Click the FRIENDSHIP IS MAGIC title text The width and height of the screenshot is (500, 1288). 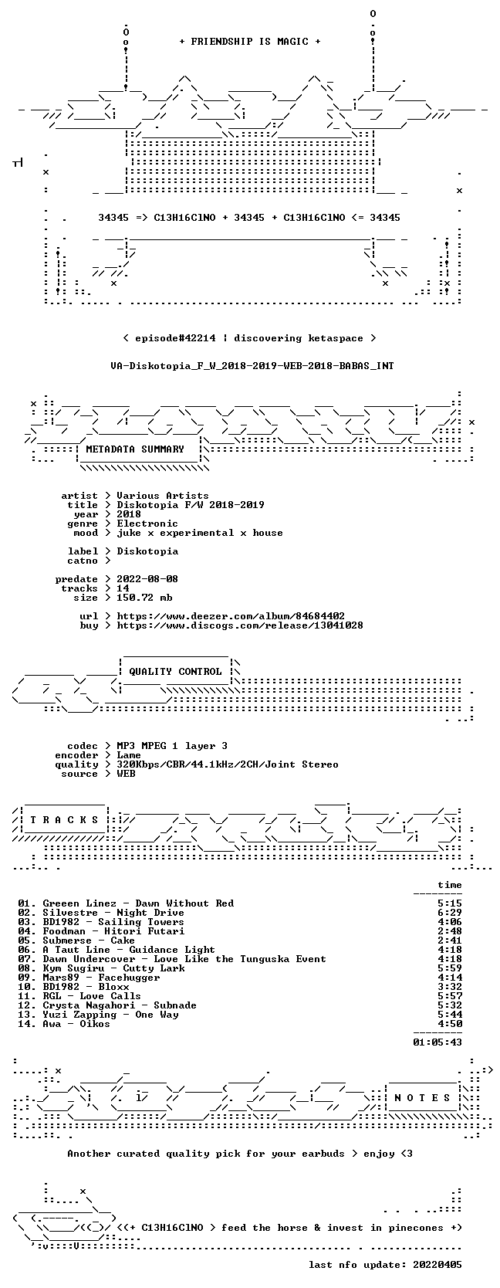click(250, 42)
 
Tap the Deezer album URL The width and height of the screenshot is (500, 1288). click(231, 616)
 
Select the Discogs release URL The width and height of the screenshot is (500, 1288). click(240, 625)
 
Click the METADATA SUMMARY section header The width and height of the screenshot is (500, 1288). click(135, 449)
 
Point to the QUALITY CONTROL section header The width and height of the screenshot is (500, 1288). click(175, 671)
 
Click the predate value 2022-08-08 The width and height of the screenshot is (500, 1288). click(147, 578)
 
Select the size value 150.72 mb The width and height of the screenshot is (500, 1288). click(144, 598)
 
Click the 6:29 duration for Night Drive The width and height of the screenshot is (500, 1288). click(449, 913)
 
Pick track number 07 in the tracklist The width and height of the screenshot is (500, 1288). click(24, 958)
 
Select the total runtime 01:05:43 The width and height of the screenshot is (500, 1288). click(437, 1042)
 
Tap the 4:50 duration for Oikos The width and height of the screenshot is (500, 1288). click(449, 1023)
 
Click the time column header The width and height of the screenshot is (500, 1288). click(449, 885)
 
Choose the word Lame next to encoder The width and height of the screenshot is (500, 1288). click(129, 755)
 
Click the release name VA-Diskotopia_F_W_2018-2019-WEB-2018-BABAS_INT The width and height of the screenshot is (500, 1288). click(252, 366)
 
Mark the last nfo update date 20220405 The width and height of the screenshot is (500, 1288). click(437, 1264)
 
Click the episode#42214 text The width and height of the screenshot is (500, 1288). click(175, 338)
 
